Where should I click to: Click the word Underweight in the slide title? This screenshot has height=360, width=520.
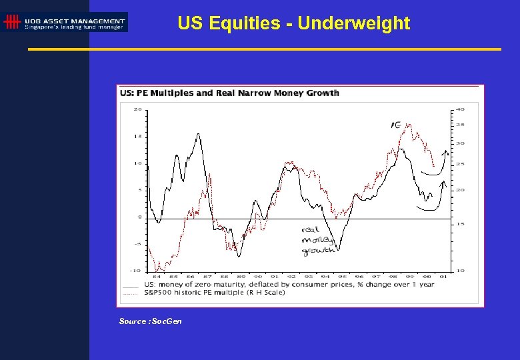pos(353,23)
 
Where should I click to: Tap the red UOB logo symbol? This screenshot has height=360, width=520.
pos(11,23)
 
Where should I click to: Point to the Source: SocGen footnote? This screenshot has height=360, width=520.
pos(150,321)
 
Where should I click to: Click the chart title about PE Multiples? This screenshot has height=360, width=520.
pos(229,93)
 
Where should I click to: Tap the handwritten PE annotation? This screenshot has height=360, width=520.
pos(395,125)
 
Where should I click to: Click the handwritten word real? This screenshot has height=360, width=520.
pos(311,230)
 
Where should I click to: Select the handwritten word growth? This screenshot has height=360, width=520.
pos(318,251)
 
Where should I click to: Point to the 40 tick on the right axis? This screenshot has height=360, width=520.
pos(460,109)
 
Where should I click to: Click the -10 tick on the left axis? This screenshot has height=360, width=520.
pos(136,270)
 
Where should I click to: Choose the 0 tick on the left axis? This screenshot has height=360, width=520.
pos(139,217)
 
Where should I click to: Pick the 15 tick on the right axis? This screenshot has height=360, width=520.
pos(460,224)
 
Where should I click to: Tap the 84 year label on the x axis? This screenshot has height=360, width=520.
pos(156,276)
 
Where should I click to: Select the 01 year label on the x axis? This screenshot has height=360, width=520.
pos(443,276)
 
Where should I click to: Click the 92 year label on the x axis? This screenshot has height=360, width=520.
pos(292,276)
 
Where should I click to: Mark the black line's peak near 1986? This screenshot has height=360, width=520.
pos(198,134)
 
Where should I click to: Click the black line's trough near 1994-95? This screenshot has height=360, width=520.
pos(338,250)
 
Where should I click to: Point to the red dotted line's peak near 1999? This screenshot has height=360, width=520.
pos(408,125)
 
